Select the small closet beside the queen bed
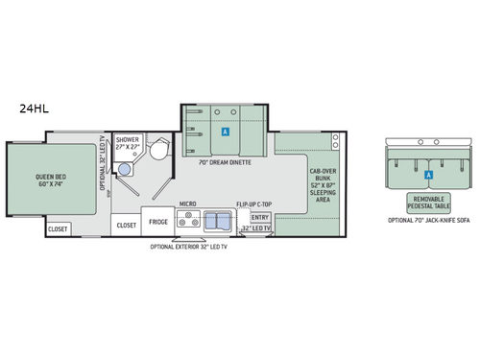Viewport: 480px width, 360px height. pyautogui.click(x=58, y=228)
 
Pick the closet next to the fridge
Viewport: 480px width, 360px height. pyautogui.click(x=127, y=225)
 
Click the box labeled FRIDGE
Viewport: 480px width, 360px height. pyautogui.click(x=157, y=222)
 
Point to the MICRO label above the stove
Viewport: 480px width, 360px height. pyautogui.click(x=187, y=205)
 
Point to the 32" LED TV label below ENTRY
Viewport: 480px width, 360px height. pyautogui.click(x=252, y=229)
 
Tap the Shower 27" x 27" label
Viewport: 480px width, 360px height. pyautogui.click(x=128, y=143)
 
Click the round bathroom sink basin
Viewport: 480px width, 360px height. pyautogui.click(x=123, y=169)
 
